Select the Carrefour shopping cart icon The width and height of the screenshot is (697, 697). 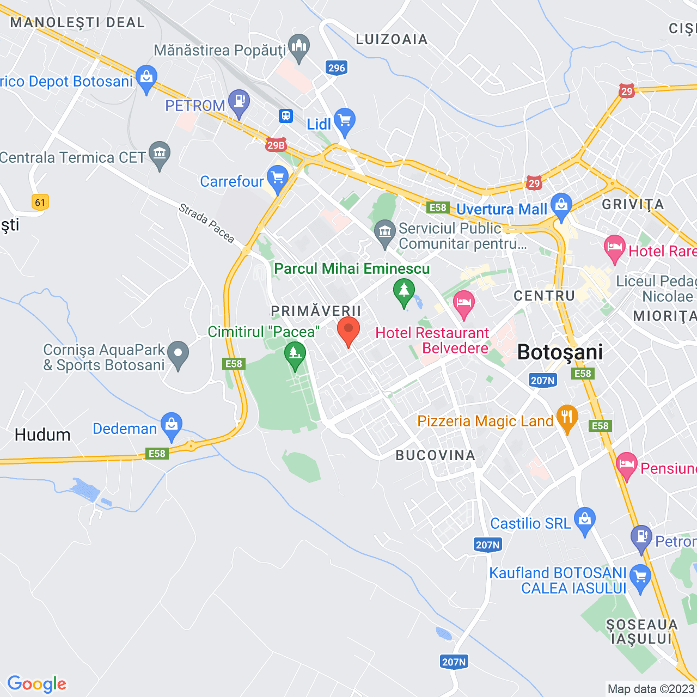click(278, 178)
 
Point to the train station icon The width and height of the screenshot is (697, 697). click(285, 115)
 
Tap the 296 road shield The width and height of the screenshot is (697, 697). click(337, 68)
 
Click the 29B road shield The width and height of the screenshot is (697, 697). click(276, 145)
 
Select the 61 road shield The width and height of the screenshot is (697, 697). click(40, 203)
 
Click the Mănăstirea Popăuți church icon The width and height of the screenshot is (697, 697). click(299, 47)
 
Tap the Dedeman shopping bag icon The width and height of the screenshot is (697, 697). click(172, 425)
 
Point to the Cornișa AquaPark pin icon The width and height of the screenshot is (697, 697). click(178, 354)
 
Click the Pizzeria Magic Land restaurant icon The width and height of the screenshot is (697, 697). click(567, 418)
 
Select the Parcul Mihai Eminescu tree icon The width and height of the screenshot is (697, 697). click(404, 291)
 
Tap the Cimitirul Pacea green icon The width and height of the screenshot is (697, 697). click(295, 354)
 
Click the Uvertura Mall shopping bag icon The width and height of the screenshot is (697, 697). click(561, 206)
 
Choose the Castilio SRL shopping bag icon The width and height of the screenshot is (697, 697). click(585, 519)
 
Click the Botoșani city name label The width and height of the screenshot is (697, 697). click(560, 352)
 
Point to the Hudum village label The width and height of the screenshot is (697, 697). click(42, 435)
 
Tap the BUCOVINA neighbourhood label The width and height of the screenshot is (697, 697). click(436, 455)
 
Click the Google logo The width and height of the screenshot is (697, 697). click(37, 684)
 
